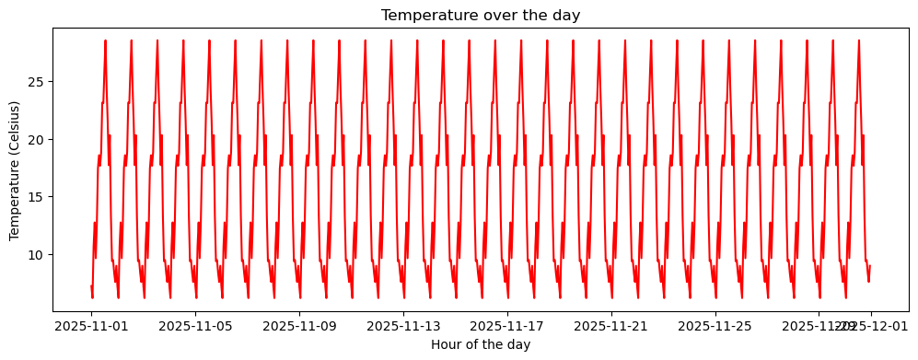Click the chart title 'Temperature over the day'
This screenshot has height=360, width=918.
click(481, 15)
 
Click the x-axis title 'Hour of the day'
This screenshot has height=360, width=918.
click(481, 344)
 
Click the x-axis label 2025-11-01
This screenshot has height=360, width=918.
click(91, 325)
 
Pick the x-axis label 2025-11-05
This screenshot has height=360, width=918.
click(195, 325)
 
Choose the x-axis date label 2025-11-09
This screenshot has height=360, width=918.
click(299, 325)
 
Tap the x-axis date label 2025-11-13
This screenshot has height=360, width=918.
click(402, 325)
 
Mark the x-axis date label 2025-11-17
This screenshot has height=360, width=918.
click(506, 325)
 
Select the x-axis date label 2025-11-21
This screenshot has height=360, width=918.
click(610, 325)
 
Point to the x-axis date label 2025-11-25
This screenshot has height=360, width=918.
click(715, 325)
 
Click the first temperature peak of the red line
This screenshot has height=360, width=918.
click(105, 41)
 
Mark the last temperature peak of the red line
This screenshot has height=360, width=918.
click(859, 41)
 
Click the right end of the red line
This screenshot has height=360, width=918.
click(870, 266)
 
